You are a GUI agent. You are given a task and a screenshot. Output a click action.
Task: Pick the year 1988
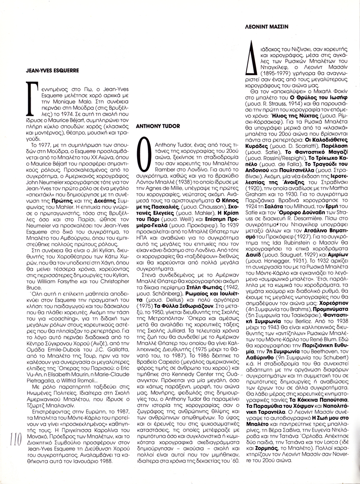107,461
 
